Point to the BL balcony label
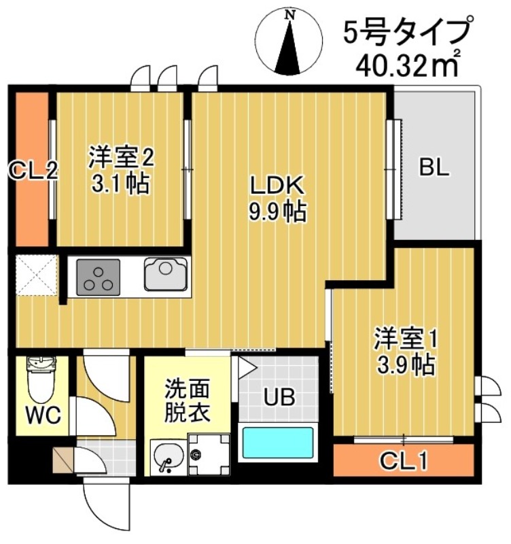[434, 167]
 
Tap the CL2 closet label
[31, 170]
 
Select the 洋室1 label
[406, 337]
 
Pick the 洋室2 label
[121, 158]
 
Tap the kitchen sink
[166, 274]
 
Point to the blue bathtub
[278, 443]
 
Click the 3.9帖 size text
[406, 366]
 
